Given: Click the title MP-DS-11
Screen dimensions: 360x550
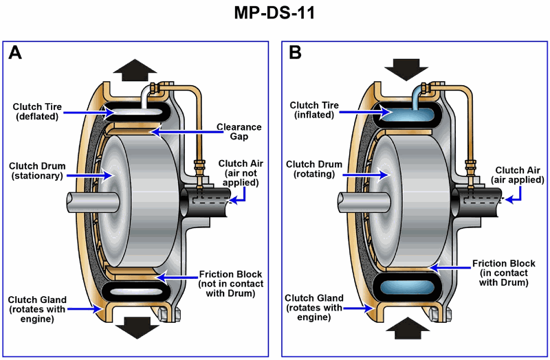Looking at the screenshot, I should click(x=275, y=14).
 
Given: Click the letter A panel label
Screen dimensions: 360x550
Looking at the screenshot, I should click(x=16, y=54).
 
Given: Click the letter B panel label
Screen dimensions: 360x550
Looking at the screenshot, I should click(x=295, y=54).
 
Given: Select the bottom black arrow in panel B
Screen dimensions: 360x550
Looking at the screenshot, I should click(x=406, y=328).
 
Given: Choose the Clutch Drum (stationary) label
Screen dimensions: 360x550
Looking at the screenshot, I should click(x=38, y=170).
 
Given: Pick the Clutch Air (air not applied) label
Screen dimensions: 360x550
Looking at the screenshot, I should click(x=238, y=173).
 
